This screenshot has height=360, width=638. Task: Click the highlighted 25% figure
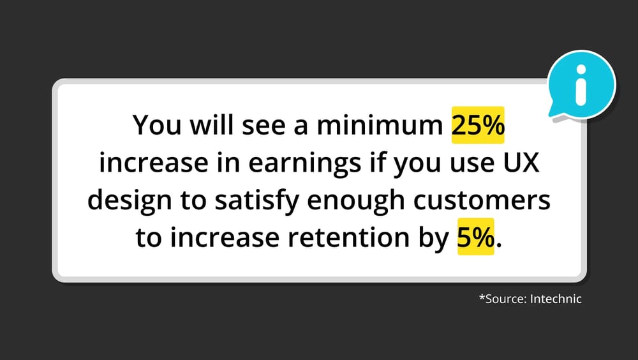pyautogui.click(x=478, y=125)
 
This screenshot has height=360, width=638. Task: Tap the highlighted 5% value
pyautogui.click(x=476, y=237)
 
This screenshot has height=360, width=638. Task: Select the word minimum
pyautogui.click(x=380, y=125)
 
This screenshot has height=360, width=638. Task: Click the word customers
pyautogui.click(x=482, y=200)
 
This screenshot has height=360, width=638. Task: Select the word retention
pyautogui.click(x=348, y=237)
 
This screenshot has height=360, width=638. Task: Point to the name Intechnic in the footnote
pyautogui.click(x=556, y=299)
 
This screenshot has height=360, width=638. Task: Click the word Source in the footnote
pyautogui.click(x=506, y=299)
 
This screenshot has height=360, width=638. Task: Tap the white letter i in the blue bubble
pyautogui.click(x=581, y=84)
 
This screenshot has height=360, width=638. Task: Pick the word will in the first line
pyautogui.click(x=211, y=124)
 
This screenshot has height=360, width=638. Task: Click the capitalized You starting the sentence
pyautogui.click(x=157, y=125)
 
